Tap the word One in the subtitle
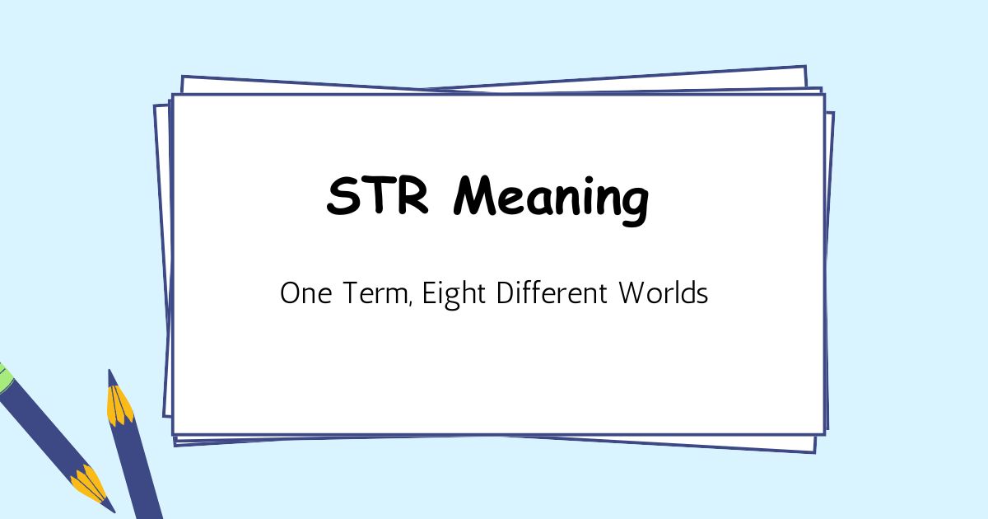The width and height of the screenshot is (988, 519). pos(305,293)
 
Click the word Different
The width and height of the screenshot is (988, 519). pos(548,293)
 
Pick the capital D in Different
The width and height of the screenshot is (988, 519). pos(506,293)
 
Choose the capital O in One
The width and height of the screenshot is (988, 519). pos(289,293)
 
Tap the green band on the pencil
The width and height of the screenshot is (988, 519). pos(3,377)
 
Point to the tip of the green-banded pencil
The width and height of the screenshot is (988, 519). pos(110,507)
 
